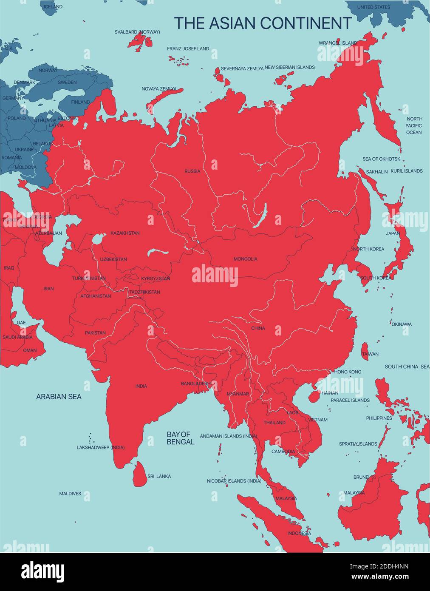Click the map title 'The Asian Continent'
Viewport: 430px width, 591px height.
(263, 23)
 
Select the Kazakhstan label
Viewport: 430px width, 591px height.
(125, 233)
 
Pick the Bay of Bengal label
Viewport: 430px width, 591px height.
(181, 438)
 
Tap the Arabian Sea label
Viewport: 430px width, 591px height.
(59, 397)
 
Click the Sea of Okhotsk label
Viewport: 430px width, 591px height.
(381, 159)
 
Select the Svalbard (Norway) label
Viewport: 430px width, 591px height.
(137, 32)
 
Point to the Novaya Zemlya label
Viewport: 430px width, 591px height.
(159, 89)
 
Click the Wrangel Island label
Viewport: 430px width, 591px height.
(338, 43)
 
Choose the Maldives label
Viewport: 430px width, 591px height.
(70, 494)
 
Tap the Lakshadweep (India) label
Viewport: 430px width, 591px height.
(101, 448)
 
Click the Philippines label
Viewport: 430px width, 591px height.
(379, 418)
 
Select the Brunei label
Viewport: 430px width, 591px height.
(361, 477)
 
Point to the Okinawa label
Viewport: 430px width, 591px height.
(401, 324)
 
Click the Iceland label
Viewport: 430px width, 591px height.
(53, 7)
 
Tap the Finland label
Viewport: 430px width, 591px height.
(80, 102)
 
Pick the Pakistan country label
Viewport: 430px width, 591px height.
(95, 333)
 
